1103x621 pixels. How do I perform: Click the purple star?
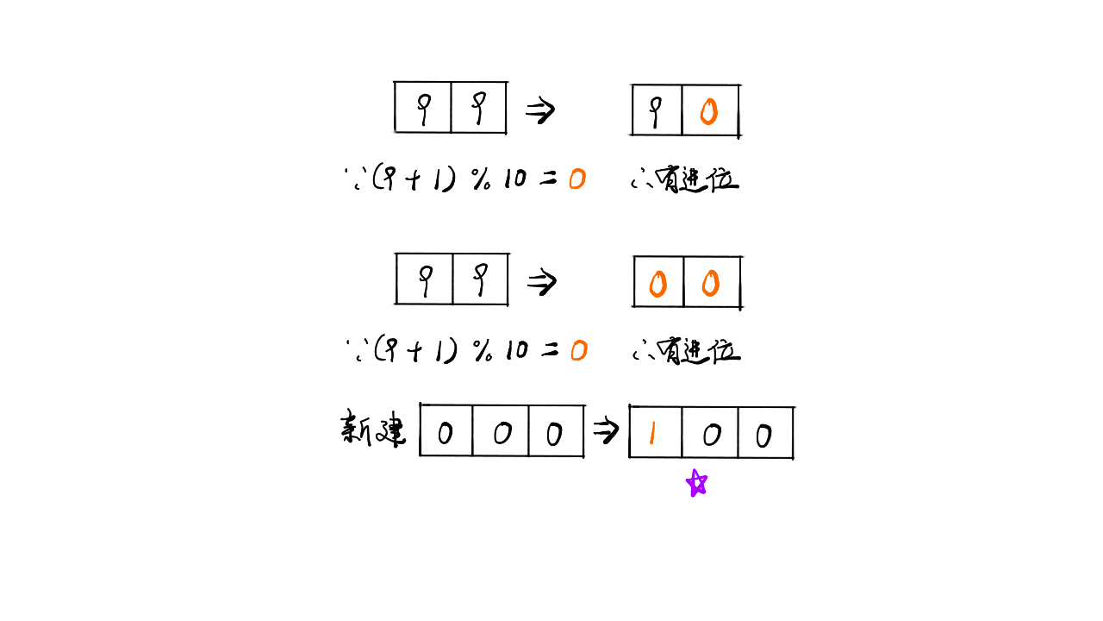[696, 483]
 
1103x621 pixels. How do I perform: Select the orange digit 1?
[652, 432]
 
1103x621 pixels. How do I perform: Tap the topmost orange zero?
[708, 111]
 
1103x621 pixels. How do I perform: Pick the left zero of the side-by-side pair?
[657, 284]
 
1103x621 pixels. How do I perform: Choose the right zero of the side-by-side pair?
[710, 283]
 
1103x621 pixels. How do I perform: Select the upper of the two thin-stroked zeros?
[576, 179]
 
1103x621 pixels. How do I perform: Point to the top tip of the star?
[694, 470]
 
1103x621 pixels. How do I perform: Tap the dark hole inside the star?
[697, 483]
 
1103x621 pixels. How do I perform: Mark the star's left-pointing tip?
[687, 479]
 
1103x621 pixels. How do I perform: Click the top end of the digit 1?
[653, 422]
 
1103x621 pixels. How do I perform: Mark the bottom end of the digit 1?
[651, 444]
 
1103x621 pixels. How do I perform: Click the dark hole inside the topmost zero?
[708, 111]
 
